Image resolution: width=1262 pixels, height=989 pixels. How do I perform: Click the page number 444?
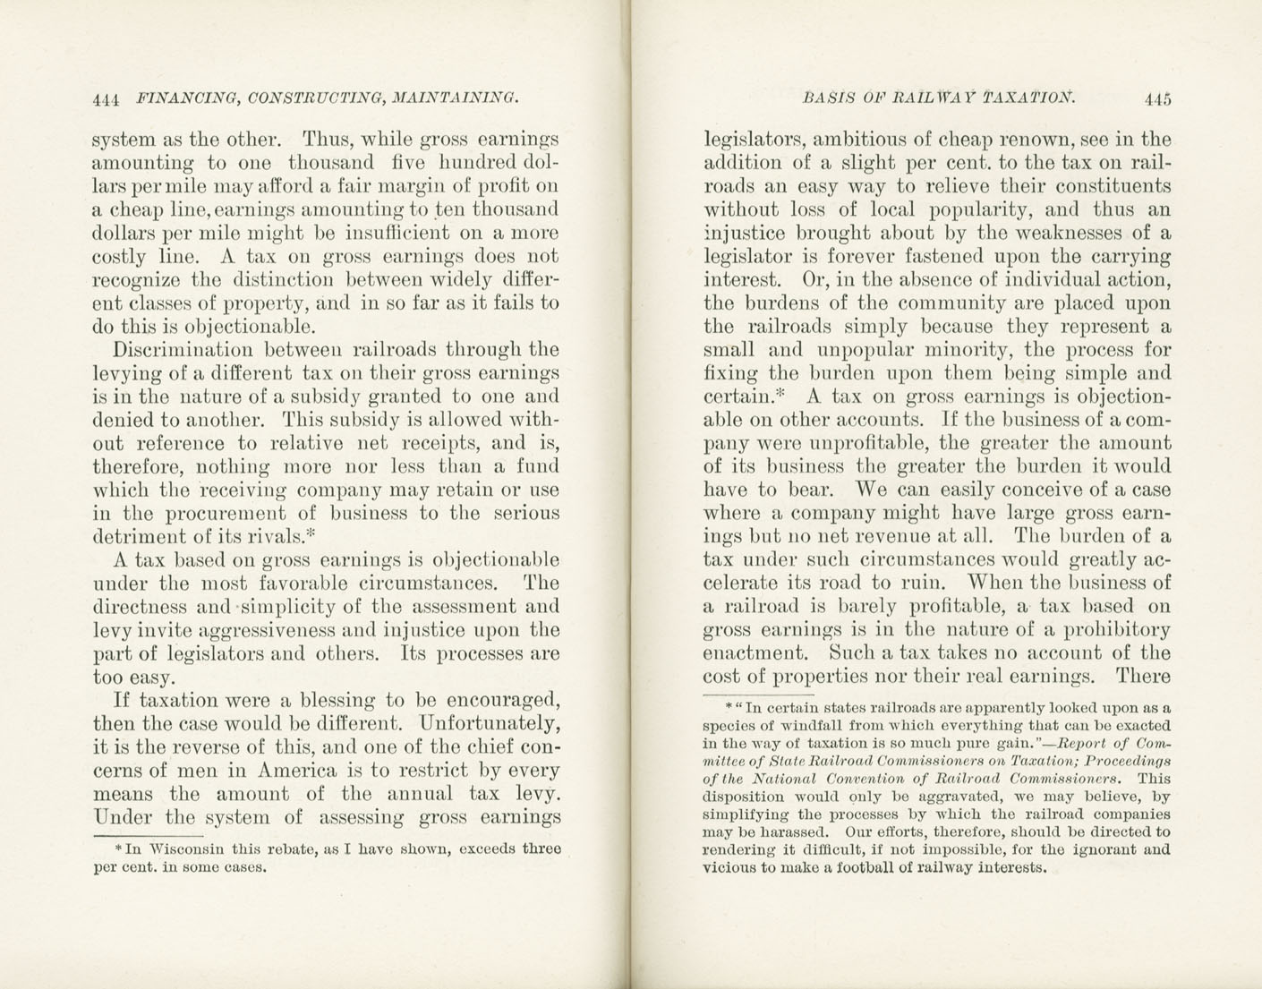click(107, 99)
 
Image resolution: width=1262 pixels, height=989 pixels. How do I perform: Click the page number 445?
click(1156, 99)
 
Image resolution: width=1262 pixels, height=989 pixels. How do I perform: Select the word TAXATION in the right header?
click(1028, 98)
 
